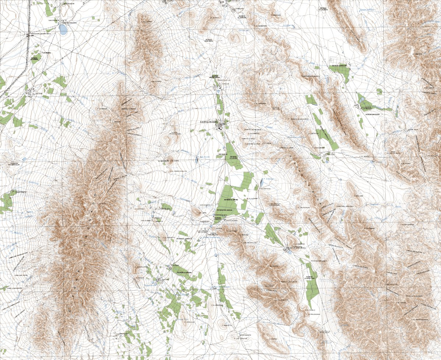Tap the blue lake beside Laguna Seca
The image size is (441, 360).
pyautogui.click(x=63, y=29)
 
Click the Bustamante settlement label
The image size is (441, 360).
pyautogui.click(x=243, y=335)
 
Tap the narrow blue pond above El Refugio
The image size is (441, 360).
pyautogui.click(x=261, y=182)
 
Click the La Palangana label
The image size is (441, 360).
pyautogui.click(x=314, y=314)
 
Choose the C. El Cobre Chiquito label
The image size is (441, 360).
pyautogui.click(x=179, y=171)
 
